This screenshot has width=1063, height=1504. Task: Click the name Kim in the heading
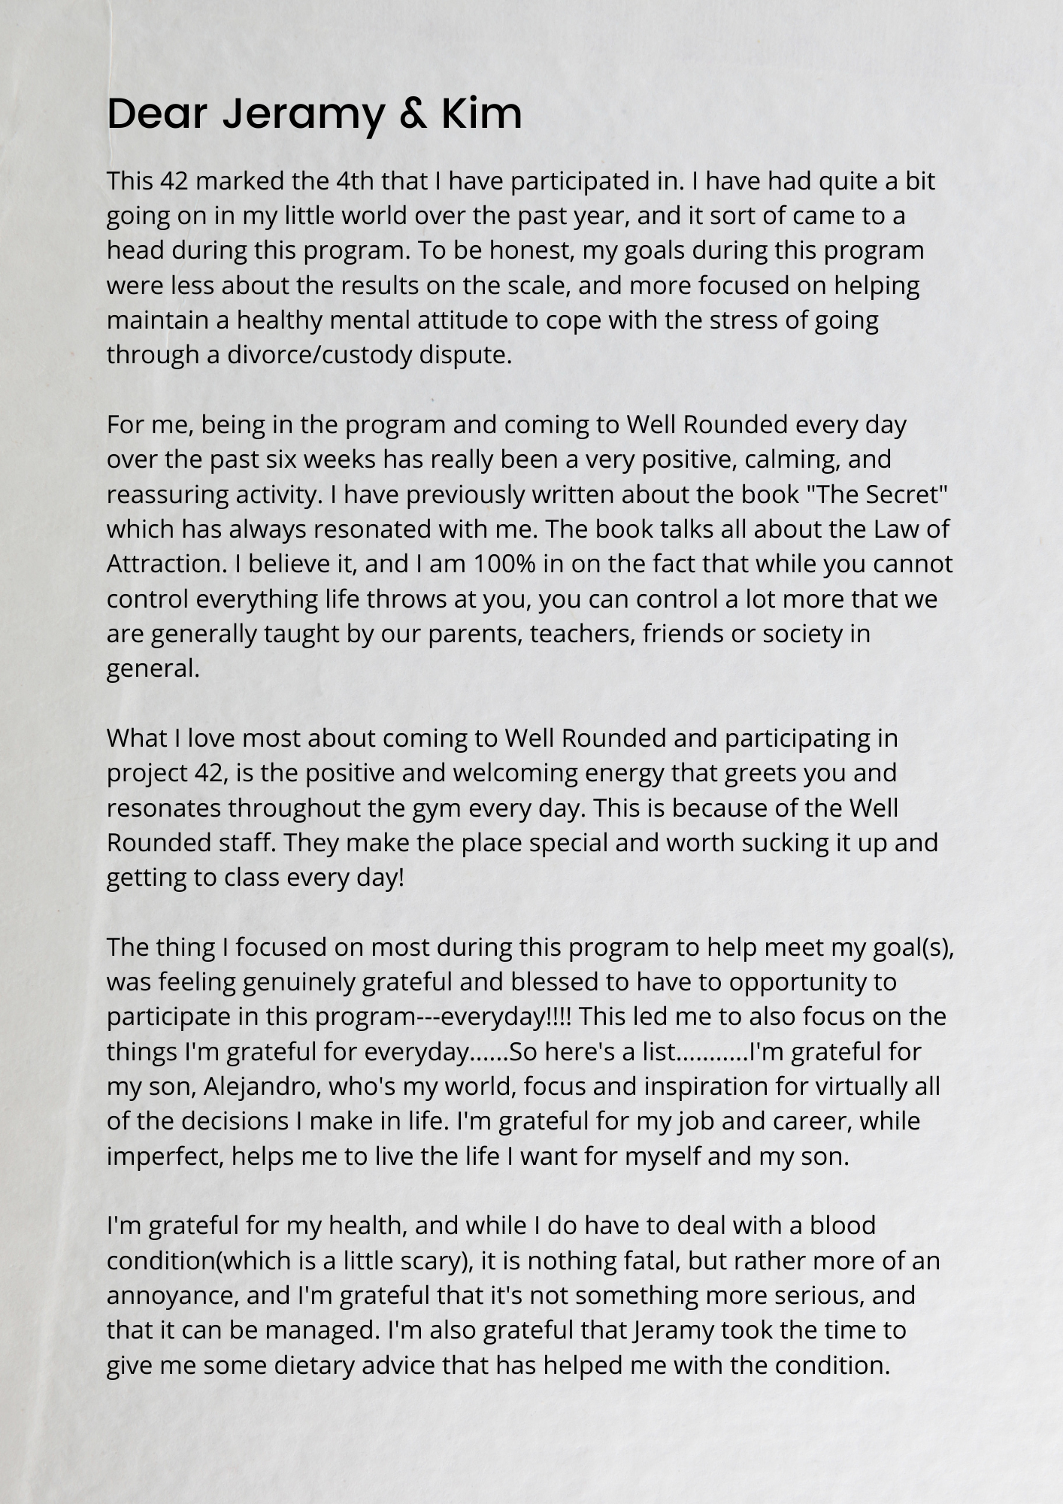(x=481, y=114)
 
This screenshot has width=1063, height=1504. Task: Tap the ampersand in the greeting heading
(x=410, y=114)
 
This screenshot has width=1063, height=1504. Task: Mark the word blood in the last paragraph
(x=842, y=1226)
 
